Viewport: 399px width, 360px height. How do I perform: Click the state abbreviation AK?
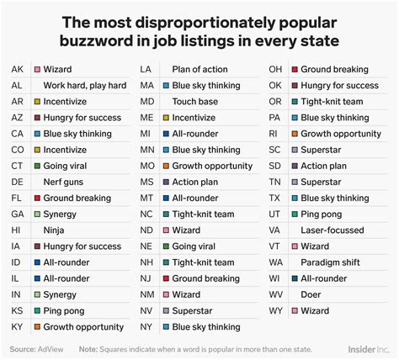pos(18,69)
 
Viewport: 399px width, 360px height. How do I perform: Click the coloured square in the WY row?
pos(294,311)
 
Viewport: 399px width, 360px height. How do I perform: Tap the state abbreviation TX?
pos(275,198)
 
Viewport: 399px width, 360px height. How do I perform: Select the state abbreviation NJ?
pos(146,278)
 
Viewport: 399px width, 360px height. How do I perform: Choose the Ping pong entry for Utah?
pos(325,214)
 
